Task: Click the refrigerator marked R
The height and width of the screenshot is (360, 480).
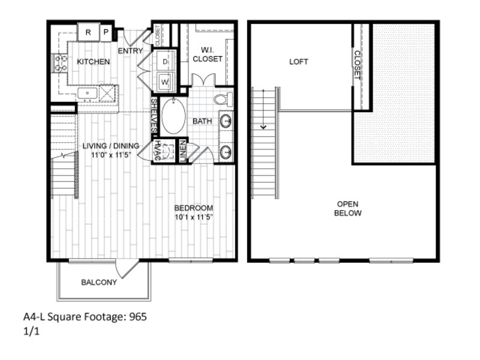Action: (88, 32)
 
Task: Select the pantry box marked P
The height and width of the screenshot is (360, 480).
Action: (106, 32)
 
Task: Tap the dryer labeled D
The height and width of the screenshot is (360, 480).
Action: (166, 62)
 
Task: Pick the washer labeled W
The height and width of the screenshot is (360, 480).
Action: (166, 82)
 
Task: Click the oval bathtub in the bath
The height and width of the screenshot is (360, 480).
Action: (173, 116)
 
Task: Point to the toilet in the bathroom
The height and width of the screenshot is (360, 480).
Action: (223, 99)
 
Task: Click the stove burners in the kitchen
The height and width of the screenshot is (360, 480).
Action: (61, 64)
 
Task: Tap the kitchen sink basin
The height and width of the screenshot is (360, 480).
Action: (87, 93)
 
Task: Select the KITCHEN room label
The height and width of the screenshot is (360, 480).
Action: (94, 62)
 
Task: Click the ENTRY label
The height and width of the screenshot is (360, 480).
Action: (130, 51)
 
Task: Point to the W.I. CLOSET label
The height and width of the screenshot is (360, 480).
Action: (207, 54)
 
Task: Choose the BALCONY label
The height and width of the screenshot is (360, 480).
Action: (99, 282)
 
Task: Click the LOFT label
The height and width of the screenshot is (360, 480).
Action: (298, 62)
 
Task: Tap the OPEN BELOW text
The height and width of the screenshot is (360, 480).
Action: (348, 208)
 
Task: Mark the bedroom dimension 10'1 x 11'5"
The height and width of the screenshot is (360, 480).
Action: (193, 217)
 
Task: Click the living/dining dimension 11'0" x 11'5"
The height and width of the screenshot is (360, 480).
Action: (111, 155)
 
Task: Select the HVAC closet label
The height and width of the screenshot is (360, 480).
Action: (157, 151)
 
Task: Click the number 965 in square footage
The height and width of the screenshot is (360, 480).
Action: (138, 317)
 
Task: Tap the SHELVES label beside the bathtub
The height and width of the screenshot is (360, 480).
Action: (154, 115)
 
